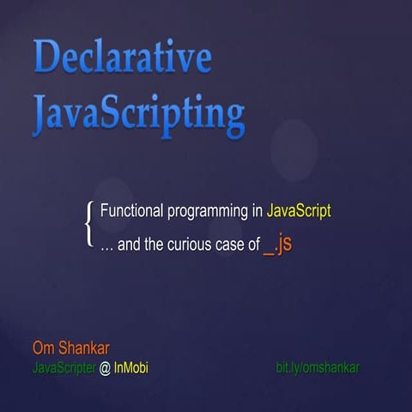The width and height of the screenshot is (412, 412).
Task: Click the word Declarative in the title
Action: [122, 58]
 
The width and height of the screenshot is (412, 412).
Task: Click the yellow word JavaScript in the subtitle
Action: [299, 210]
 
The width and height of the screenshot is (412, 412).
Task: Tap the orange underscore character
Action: [269, 249]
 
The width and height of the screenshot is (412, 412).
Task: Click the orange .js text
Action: [285, 244]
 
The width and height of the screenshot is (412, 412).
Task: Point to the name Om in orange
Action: [43, 348]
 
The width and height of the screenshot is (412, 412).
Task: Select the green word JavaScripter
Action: [62, 367]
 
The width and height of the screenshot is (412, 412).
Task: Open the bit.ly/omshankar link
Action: [317, 367]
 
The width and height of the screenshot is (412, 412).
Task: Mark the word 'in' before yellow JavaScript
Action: [257, 210]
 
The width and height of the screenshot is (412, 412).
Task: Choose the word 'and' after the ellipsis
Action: [128, 245]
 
